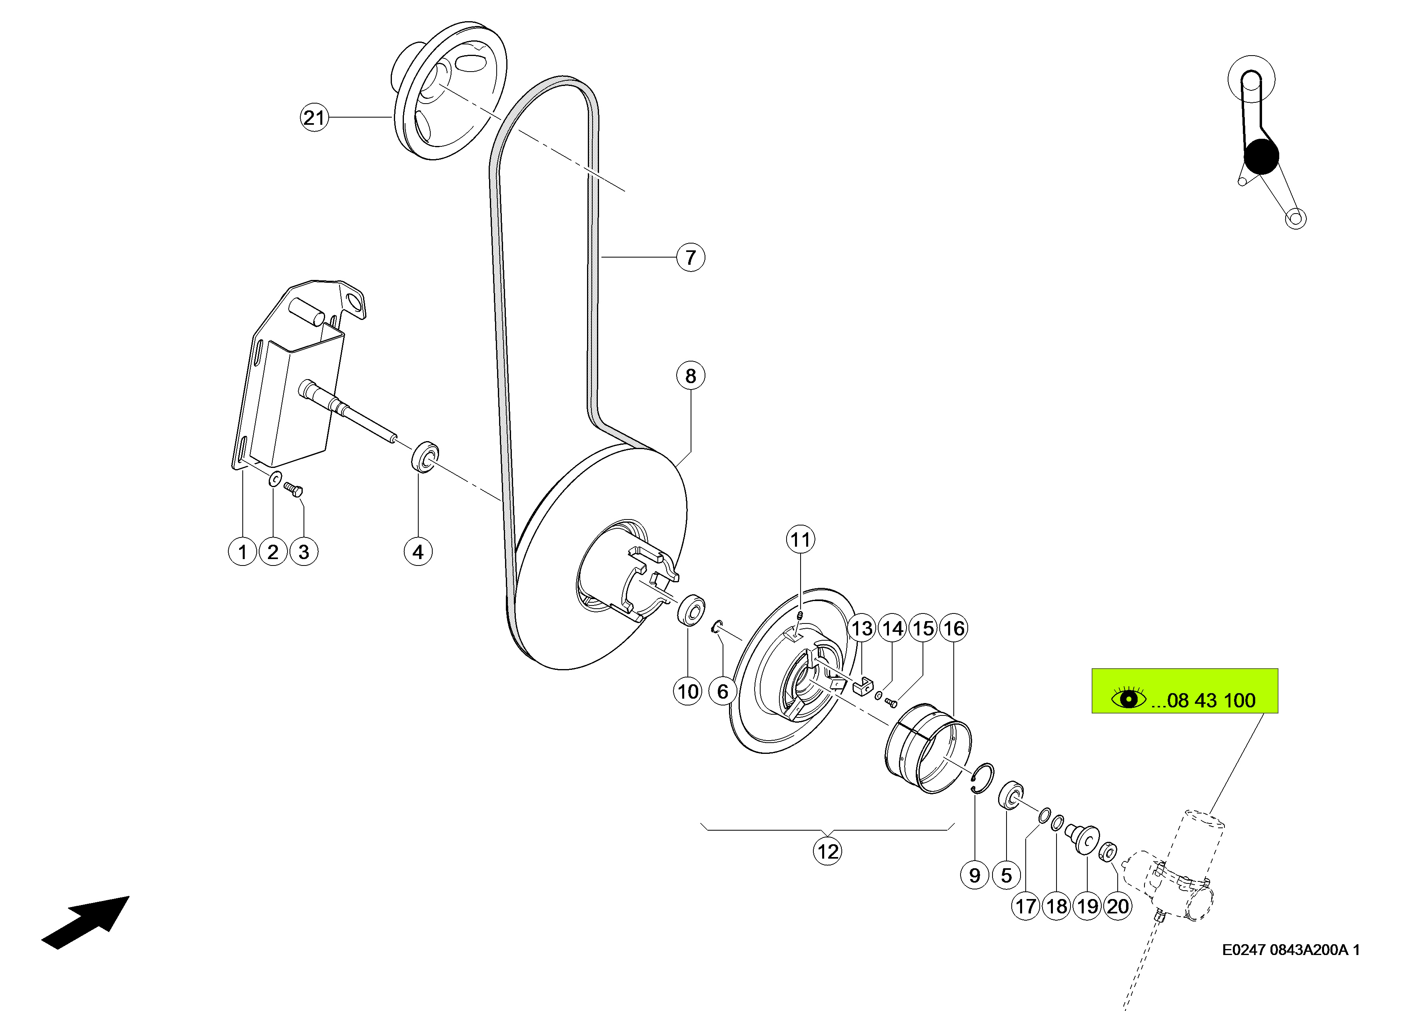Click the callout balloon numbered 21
tap(314, 117)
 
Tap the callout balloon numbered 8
tap(690, 376)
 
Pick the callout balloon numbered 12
tap(828, 851)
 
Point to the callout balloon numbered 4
tap(418, 551)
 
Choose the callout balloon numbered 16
tap(954, 628)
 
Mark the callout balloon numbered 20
tap(1118, 906)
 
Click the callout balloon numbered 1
tap(243, 551)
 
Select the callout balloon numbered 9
tap(975, 875)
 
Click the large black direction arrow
tap(85, 923)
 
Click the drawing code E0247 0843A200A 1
tap(1291, 950)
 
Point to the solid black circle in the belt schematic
tap(1261, 156)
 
